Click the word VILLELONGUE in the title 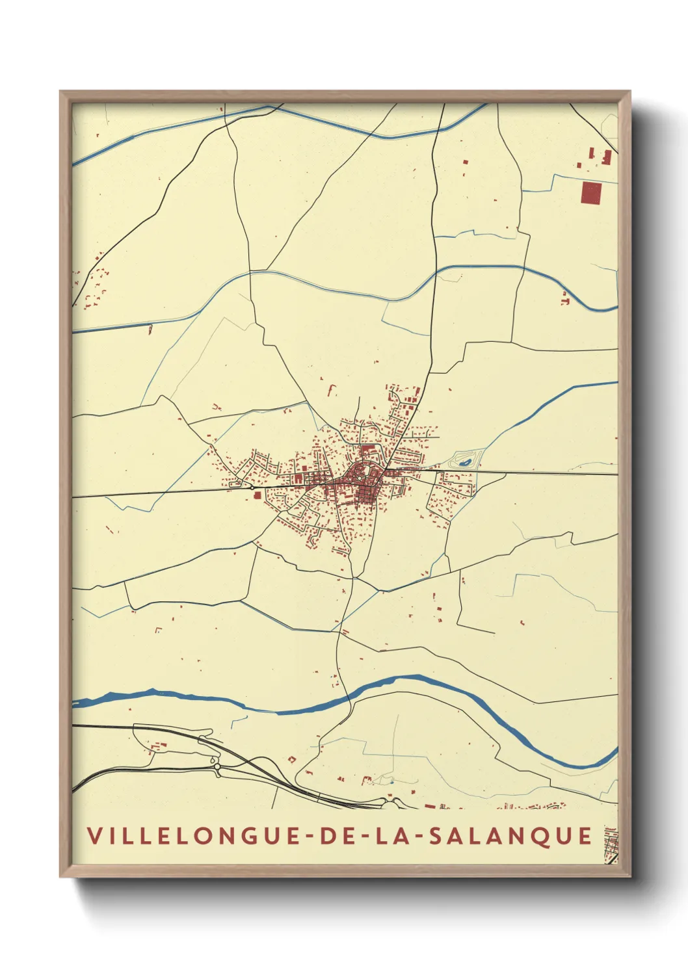pos(189,836)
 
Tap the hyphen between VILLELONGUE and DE pos(305,837)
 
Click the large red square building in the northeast pos(591,193)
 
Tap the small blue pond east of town pos(465,462)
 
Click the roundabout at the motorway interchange pos(217,768)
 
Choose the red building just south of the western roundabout pos(257,495)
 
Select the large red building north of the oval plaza pos(368,448)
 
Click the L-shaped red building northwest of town pos(332,390)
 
